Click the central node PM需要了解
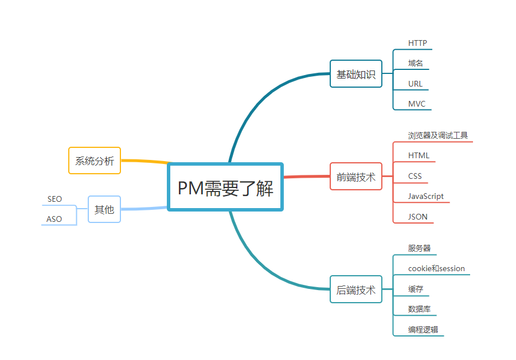pyautogui.click(x=225, y=187)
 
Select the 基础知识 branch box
pyautogui.click(x=355, y=74)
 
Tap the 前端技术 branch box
pyautogui.click(x=355, y=177)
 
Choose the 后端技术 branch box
pyautogui.click(x=355, y=289)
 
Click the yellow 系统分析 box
pyautogui.click(x=95, y=161)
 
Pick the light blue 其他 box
pyautogui.click(x=104, y=209)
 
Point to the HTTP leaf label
pyautogui.click(x=417, y=43)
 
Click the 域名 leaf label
pyautogui.click(x=416, y=63)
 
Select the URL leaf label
pyautogui.click(x=415, y=84)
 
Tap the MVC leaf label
pyautogui.click(x=417, y=104)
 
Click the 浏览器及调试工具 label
pyautogui.click(x=438, y=135)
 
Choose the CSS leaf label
pyautogui.click(x=415, y=176)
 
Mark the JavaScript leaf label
pyautogui.click(x=426, y=196)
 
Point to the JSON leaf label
pyautogui.click(x=417, y=217)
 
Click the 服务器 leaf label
pyautogui.click(x=419, y=248)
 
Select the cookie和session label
pyautogui.click(x=436, y=268)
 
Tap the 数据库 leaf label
pyautogui.click(x=419, y=309)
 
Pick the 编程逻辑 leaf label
pyautogui.click(x=423, y=330)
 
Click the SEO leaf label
pyautogui.click(x=54, y=199)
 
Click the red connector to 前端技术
pyautogui.click(x=307, y=177)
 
